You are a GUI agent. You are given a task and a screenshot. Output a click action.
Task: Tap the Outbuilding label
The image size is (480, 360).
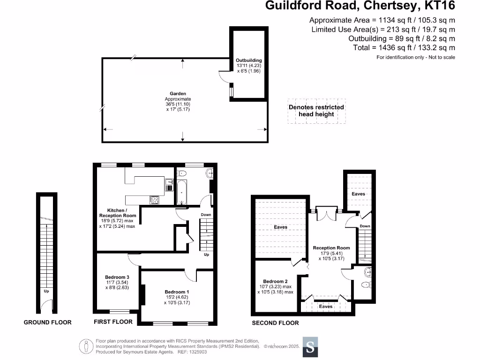tap(248, 60)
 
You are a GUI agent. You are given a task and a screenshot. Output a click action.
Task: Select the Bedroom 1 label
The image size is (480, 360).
tap(178, 292)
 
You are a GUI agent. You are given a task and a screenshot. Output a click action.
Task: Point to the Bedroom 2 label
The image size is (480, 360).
tap(275, 281)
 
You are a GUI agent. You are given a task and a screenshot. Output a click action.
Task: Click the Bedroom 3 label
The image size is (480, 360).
tap(116, 277)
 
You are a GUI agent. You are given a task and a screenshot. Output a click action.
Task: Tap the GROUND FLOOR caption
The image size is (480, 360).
tap(48, 322)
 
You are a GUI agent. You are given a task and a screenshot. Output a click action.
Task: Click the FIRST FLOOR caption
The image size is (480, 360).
tap(113, 322)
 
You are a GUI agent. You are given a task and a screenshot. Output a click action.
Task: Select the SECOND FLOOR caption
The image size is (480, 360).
tap(275, 322)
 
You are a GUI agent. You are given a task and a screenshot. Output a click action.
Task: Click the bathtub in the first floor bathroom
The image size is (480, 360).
tap(182, 192)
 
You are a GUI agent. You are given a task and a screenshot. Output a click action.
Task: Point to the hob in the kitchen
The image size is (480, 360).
tap(154, 200)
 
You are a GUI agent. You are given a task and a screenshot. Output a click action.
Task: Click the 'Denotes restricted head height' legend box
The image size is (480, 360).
tap(316, 111)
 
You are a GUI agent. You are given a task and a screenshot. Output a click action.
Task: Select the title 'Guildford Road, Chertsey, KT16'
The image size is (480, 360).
tap(360, 6)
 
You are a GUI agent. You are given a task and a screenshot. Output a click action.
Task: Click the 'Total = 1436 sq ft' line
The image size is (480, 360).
tap(404, 47)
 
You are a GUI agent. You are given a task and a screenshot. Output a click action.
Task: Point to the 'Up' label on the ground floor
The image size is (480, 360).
tap(46, 291)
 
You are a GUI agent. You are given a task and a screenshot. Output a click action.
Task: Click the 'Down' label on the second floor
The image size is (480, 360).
tap(365, 226)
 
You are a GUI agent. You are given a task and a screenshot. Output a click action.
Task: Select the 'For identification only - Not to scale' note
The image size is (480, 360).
tap(416, 57)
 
